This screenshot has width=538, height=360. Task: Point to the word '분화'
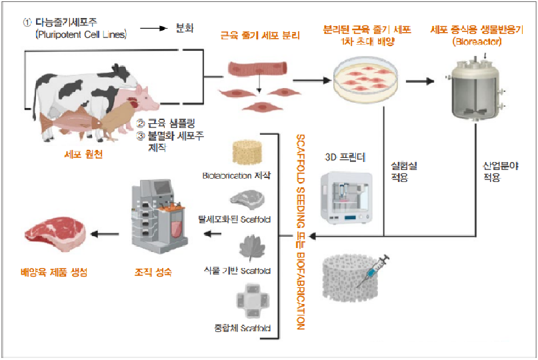click(185, 29)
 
